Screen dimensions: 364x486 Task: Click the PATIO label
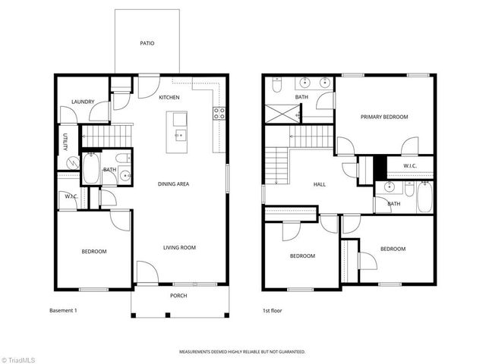147,43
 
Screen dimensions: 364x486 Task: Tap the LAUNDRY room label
82,102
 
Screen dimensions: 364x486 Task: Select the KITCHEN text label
169,97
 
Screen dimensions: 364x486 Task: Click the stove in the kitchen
219,114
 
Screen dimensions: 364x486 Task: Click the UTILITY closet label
65,143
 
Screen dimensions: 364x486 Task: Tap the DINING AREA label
173,184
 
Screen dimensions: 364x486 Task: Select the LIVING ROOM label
180,247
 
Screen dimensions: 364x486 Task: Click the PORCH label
178,296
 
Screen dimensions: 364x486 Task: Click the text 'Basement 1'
64,311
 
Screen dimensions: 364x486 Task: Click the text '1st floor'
273,311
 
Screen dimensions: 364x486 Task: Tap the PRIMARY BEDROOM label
384,117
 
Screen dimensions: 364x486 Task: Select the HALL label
320,184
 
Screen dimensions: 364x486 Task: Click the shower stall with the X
279,114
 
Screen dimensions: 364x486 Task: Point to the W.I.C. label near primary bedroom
410,166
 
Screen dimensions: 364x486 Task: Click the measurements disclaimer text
242,352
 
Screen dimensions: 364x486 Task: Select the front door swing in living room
146,272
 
